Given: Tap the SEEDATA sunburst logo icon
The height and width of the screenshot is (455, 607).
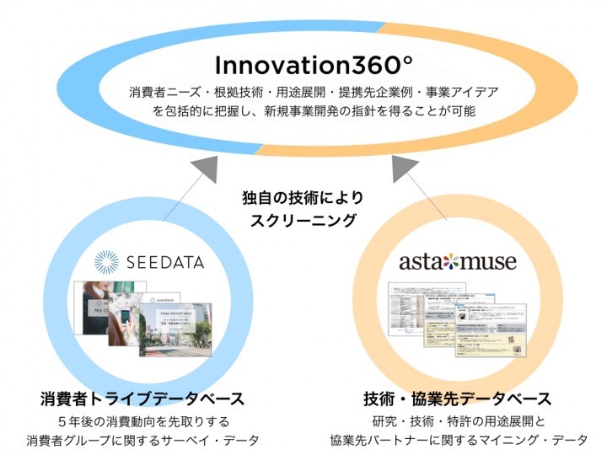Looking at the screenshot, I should tap(108, 261).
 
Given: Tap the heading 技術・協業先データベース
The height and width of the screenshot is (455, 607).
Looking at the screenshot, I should tap(459, 398).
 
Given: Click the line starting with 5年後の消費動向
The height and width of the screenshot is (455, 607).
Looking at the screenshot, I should tap(148, 420).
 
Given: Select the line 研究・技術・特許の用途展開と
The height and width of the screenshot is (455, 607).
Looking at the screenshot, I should tap(459, 420).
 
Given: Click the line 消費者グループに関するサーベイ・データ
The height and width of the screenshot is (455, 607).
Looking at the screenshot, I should tap(148, 441).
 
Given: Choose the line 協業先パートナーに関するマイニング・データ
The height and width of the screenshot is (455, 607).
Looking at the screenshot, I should tap(459, 441).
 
